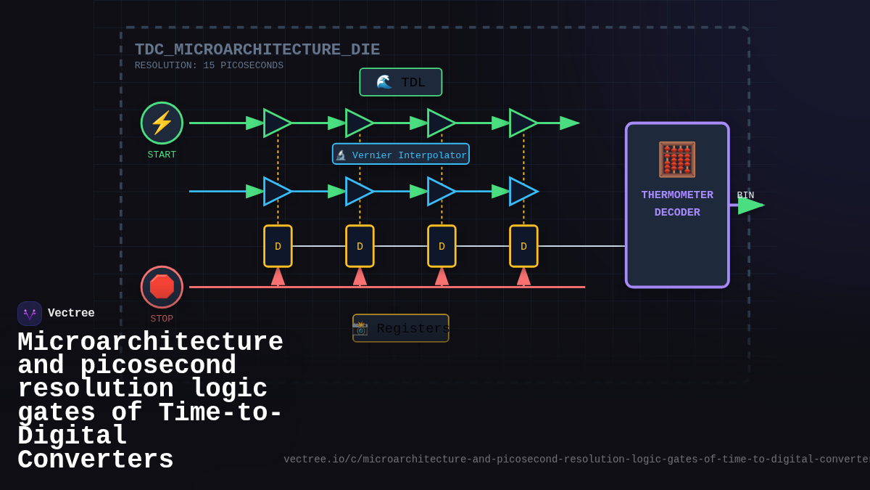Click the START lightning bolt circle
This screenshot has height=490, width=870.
click(162, 123)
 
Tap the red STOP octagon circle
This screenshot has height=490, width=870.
click(162, 287)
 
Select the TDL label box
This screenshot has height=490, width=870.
click(400, 82)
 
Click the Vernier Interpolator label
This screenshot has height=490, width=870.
click(401, 155)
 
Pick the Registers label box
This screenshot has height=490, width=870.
click(401, 328)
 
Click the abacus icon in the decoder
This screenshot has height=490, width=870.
click(676, 160)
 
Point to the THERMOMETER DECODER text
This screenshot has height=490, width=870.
click(677, 204)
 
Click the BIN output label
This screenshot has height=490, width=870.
click(745, 195)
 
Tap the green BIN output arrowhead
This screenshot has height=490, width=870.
click(750, 205)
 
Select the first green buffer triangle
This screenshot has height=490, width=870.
click(276, 123)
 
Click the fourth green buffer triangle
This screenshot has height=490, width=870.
click(522, 123)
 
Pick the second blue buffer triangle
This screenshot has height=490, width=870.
click(358, 191)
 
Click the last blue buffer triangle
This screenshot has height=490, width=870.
click(522, 191)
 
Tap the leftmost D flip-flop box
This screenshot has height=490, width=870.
click(278, 246)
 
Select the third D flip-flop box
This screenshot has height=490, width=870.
click(442, 246)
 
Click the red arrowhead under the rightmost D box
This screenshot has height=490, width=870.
click(523, 277)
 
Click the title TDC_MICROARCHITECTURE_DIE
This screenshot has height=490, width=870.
click(257, 50)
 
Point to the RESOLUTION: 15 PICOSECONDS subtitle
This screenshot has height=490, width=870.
click(209, 65)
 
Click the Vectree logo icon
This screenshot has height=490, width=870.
click(30, 314)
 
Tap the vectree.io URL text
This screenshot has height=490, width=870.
click(576, 460)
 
